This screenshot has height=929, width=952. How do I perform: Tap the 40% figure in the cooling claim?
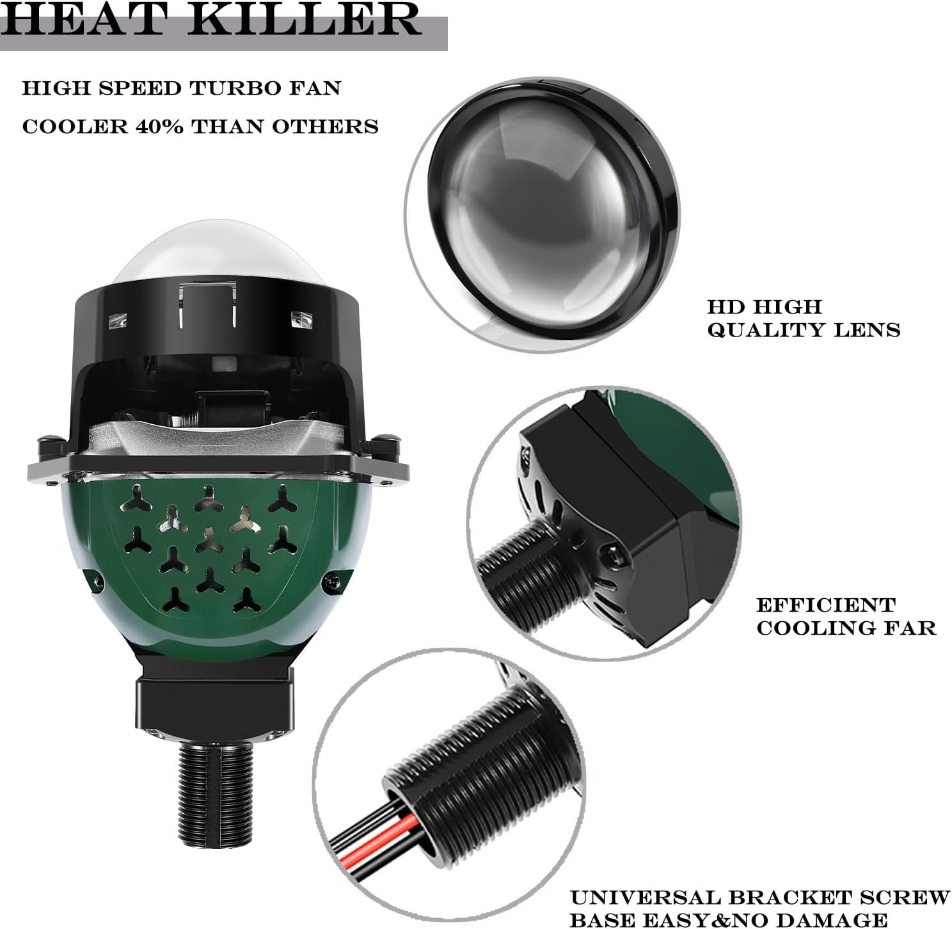click(159, 127)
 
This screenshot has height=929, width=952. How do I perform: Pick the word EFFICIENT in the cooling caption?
click(826, 605)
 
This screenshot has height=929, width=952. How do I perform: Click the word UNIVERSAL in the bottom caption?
click(646, 884)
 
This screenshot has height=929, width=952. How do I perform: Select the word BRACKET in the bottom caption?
click(789, 884)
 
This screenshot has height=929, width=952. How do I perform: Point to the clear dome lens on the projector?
click(219, 255)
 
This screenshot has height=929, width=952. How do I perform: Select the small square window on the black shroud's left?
click(118, 321)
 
